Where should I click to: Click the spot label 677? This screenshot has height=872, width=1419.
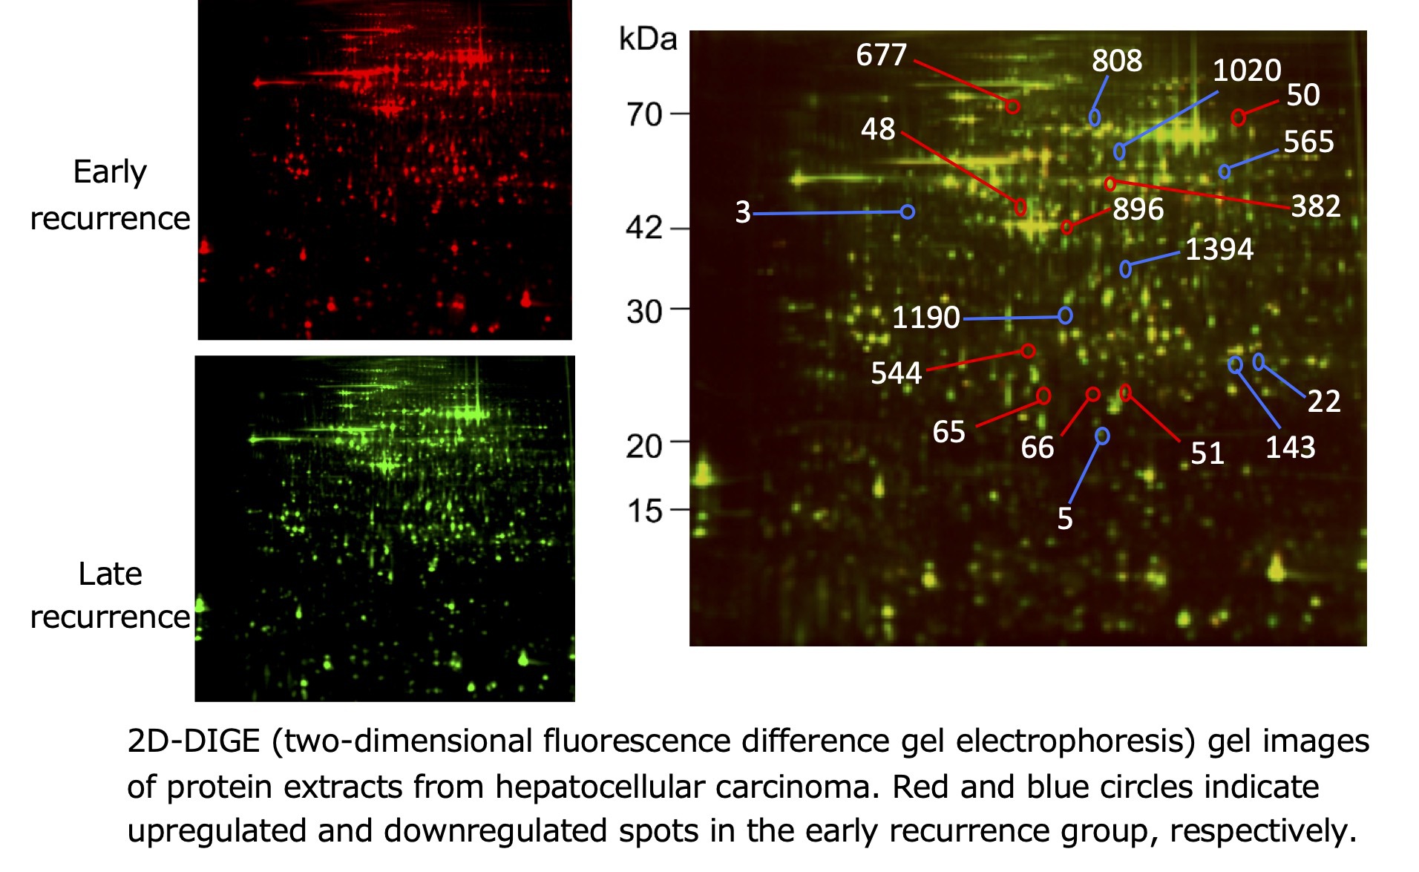point(881,55)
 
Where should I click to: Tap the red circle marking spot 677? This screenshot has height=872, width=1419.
point(1012,106)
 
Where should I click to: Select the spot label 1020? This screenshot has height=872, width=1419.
point(1246,71)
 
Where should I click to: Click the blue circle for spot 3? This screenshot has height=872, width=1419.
point(907,212)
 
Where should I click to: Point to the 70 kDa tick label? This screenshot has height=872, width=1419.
point(643,114)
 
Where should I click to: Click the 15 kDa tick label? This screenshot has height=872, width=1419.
point(643,511)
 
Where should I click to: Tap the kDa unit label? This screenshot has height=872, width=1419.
point(648,39)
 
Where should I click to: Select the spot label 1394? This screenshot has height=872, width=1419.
point(1219,249)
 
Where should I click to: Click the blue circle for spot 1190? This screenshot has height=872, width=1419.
point(1065,316)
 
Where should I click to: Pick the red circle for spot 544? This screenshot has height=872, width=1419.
point(1028,351)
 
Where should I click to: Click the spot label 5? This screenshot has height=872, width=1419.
point(1064,519)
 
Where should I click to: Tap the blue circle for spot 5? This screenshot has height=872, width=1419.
point(1102,436)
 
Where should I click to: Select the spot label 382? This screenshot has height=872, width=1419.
point(1315,206)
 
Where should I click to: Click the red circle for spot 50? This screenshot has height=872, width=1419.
point(1238,117)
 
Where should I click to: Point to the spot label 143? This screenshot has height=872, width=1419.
point(1290,448)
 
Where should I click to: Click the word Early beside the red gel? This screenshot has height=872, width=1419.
point(110,171)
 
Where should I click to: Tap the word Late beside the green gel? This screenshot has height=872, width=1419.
point(110,574)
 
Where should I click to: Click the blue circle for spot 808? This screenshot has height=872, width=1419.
point(1095,117)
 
